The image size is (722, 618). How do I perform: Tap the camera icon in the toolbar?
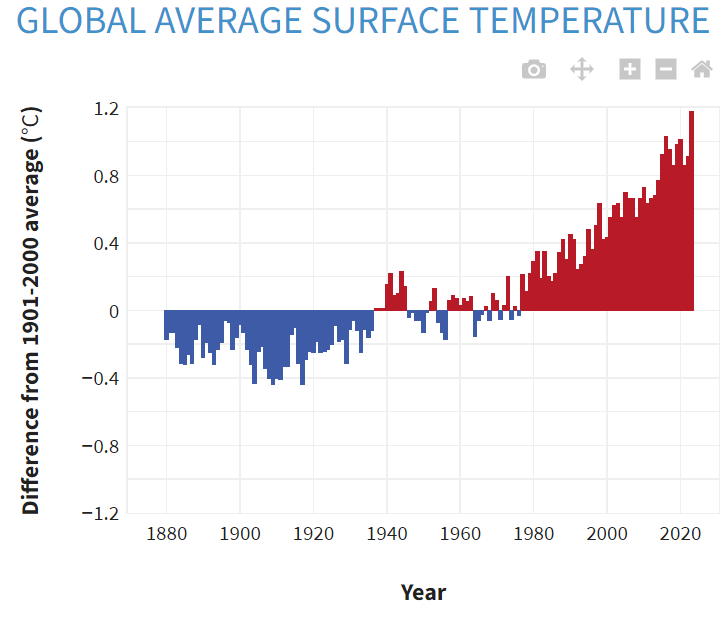pos(534,69)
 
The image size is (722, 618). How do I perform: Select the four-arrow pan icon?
pos(582,69)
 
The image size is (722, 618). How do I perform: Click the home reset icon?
pos(702,69)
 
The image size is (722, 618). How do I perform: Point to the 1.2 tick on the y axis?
pos(106,109)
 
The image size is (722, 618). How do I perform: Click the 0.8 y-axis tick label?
pos(106,177)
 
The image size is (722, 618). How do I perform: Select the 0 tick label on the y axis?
pos(113,312)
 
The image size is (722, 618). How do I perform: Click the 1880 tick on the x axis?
pos(166,533)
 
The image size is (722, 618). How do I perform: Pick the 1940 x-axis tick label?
pos(387,533)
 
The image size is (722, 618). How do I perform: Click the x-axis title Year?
pos(423,592)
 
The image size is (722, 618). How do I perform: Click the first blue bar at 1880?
pos(167,326)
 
